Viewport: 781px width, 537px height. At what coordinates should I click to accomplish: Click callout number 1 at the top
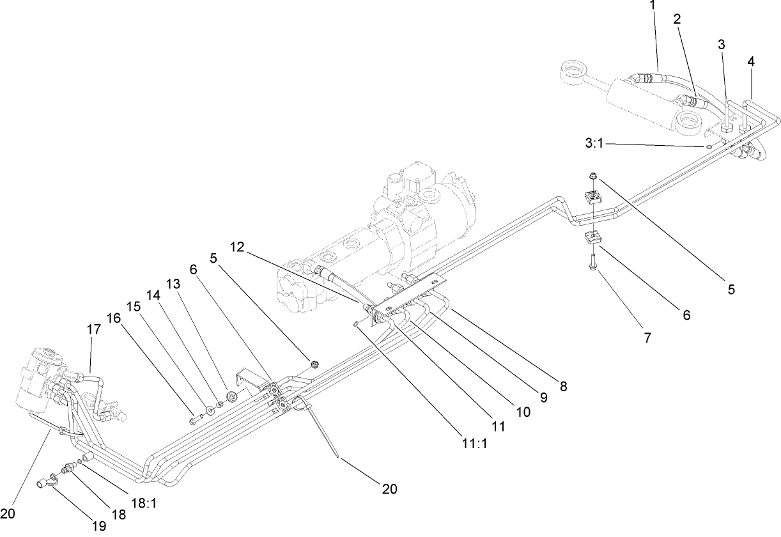point(653,5)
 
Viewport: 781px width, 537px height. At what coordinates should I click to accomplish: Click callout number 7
point(647,338)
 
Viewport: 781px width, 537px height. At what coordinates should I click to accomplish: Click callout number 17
point(93,329)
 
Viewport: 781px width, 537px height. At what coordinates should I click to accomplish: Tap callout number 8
point(562,386)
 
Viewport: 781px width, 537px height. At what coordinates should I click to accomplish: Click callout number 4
point(751,61)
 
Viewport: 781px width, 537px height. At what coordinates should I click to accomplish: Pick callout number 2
point(677,19)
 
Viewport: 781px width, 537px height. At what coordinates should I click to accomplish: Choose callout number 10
point(523,412)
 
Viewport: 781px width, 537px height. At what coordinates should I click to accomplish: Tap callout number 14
point(152,296)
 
